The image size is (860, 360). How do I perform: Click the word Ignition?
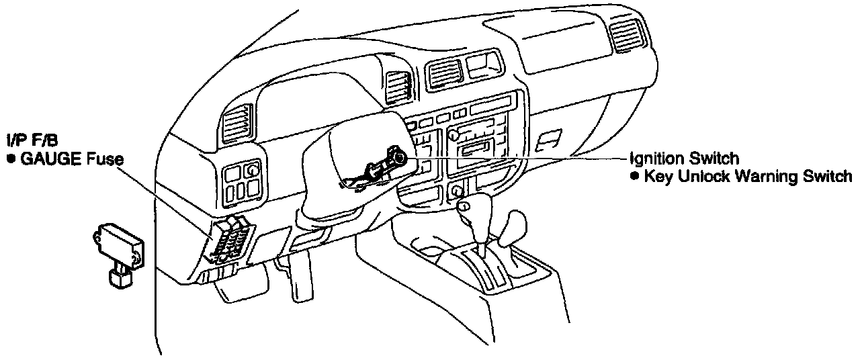pyautogui.click(x=659, y=159)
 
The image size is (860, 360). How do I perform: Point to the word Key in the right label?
pyautogui.click(x=656, y=177)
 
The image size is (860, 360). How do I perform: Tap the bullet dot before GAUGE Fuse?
pyautogui.click(x=11, y=160)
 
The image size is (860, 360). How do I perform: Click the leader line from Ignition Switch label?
pyautogui.click(x=524, y=157)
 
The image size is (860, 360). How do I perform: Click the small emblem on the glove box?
pyautogui.click(x=549, y=139)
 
